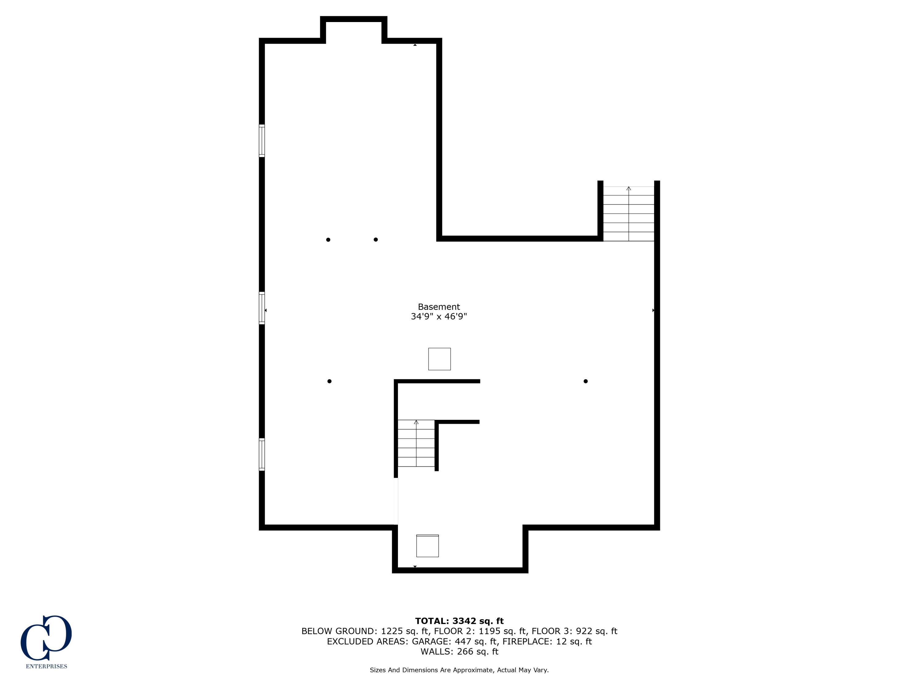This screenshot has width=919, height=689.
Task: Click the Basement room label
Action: [439, 307]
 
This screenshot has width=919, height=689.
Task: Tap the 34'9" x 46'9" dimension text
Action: [439, 316]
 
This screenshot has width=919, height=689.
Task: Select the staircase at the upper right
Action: [628, 213]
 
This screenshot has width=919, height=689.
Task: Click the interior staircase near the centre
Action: [416, 443]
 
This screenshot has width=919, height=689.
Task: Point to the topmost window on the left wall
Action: [262, 141]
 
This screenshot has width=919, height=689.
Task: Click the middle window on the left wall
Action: [262, 308]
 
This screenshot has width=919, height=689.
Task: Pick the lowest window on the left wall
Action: [262, 454]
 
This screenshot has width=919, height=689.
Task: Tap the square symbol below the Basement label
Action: [440, 359]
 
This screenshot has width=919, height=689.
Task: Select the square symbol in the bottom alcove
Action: [428, 546]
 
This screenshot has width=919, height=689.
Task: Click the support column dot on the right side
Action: [585, 381]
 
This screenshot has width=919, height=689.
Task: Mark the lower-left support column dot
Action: [329, 381]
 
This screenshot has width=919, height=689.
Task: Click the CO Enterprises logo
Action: [46, 638]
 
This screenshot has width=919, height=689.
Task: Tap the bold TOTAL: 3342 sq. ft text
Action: [459, 621]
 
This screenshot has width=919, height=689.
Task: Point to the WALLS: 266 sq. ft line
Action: [459, 652]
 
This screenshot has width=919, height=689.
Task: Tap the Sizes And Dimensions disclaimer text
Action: [459, 670]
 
